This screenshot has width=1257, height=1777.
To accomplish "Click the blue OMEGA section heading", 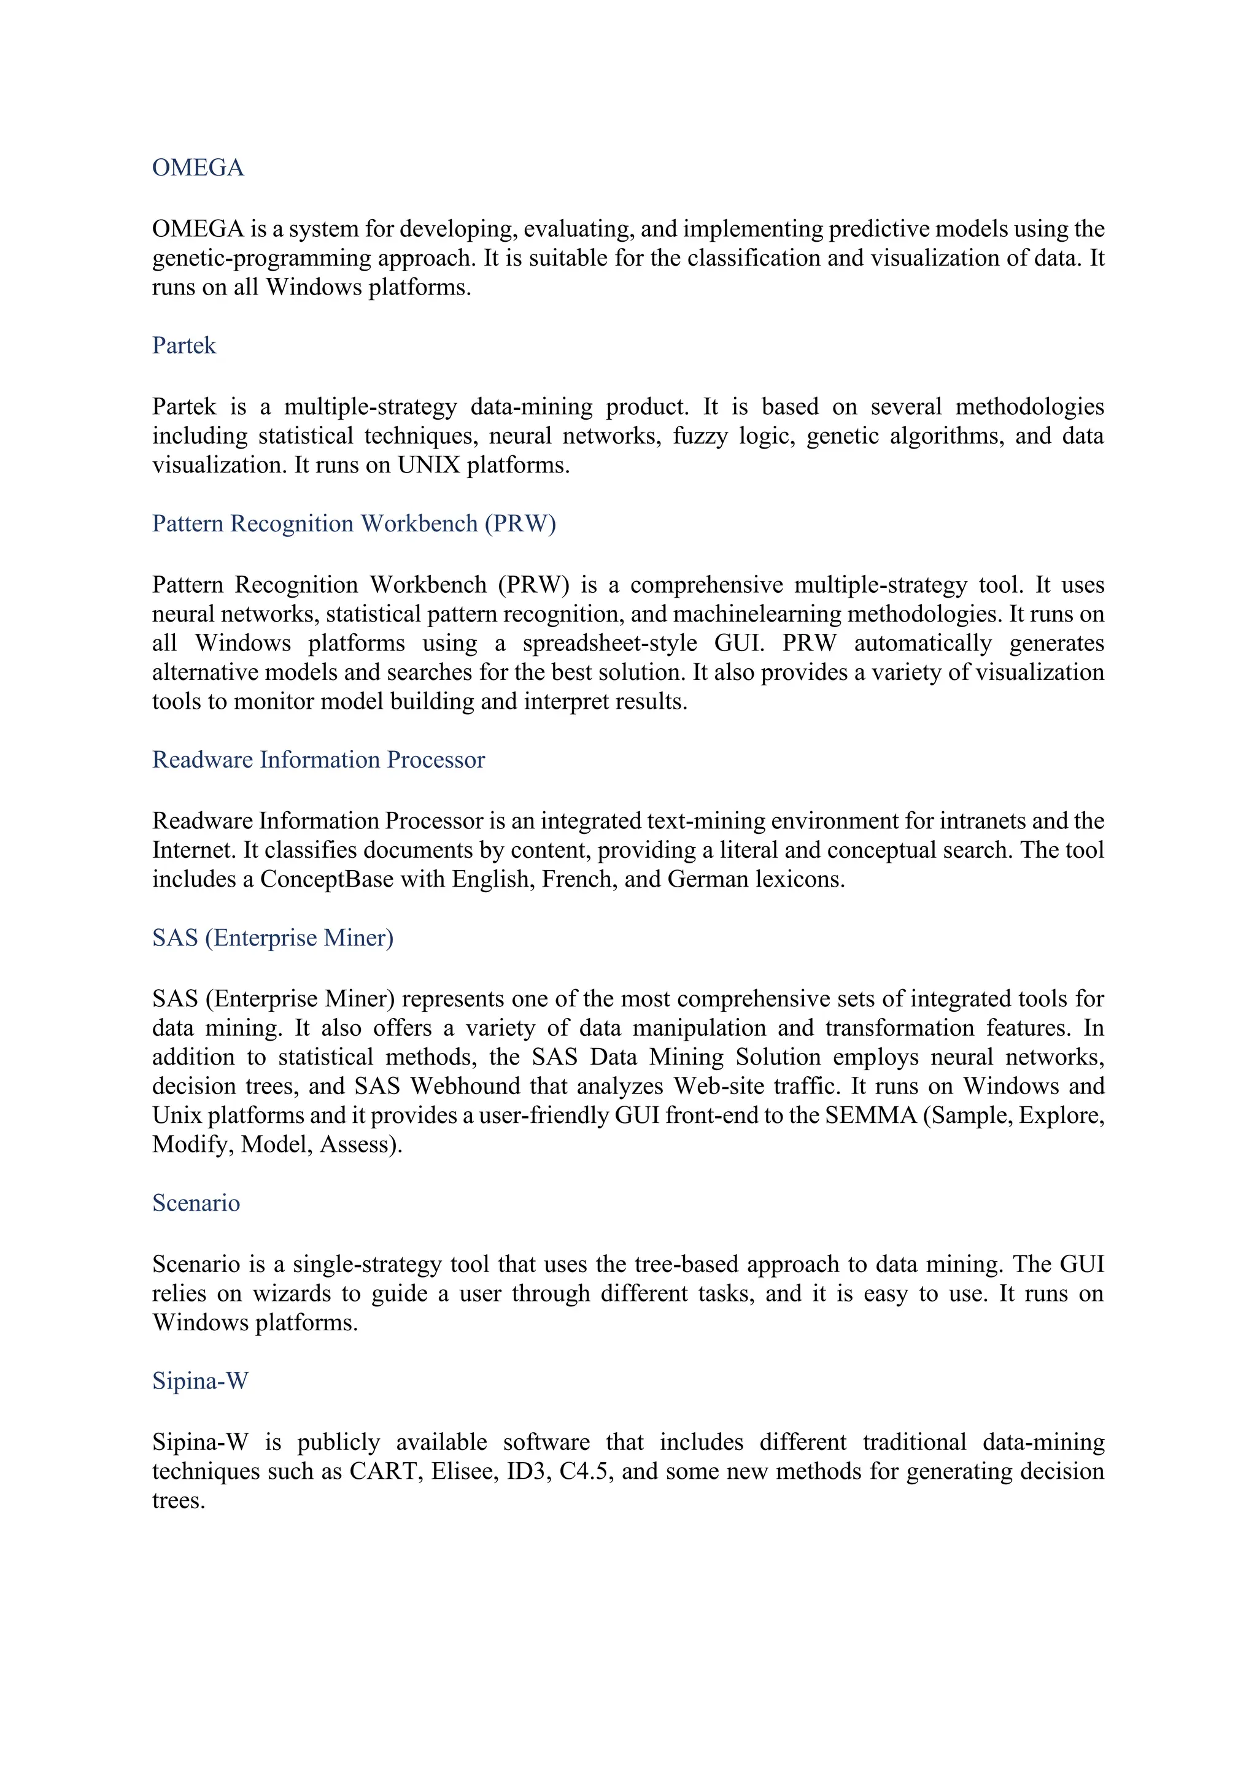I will [x=198, y=168].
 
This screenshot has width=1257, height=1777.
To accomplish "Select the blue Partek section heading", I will [x=184, y=345].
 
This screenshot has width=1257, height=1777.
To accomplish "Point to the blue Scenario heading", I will [x=196, y=1203].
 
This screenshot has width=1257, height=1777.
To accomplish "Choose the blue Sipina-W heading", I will [x=199, y=1381].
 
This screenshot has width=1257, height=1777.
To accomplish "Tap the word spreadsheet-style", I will [x=609, y=643].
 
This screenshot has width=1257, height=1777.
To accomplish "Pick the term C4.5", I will [x=586, y=1471].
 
